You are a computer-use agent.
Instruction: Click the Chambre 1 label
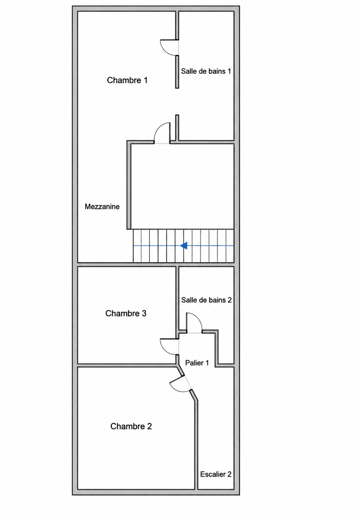point(127,80)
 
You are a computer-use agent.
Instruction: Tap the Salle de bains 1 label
point(206,71)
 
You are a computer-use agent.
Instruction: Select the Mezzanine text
point(102,207)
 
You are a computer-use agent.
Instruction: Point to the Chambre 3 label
point(126,313)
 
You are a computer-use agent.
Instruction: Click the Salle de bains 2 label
point(206,300)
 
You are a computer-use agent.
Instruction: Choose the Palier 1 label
point(197,363)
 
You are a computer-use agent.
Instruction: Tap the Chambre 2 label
point(131,426)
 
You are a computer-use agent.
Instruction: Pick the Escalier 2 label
point(216,474)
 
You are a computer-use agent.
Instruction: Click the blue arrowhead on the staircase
point(184,246)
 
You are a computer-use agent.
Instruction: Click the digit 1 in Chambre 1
point(145,80)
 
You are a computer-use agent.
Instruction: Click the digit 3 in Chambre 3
point(144,313)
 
